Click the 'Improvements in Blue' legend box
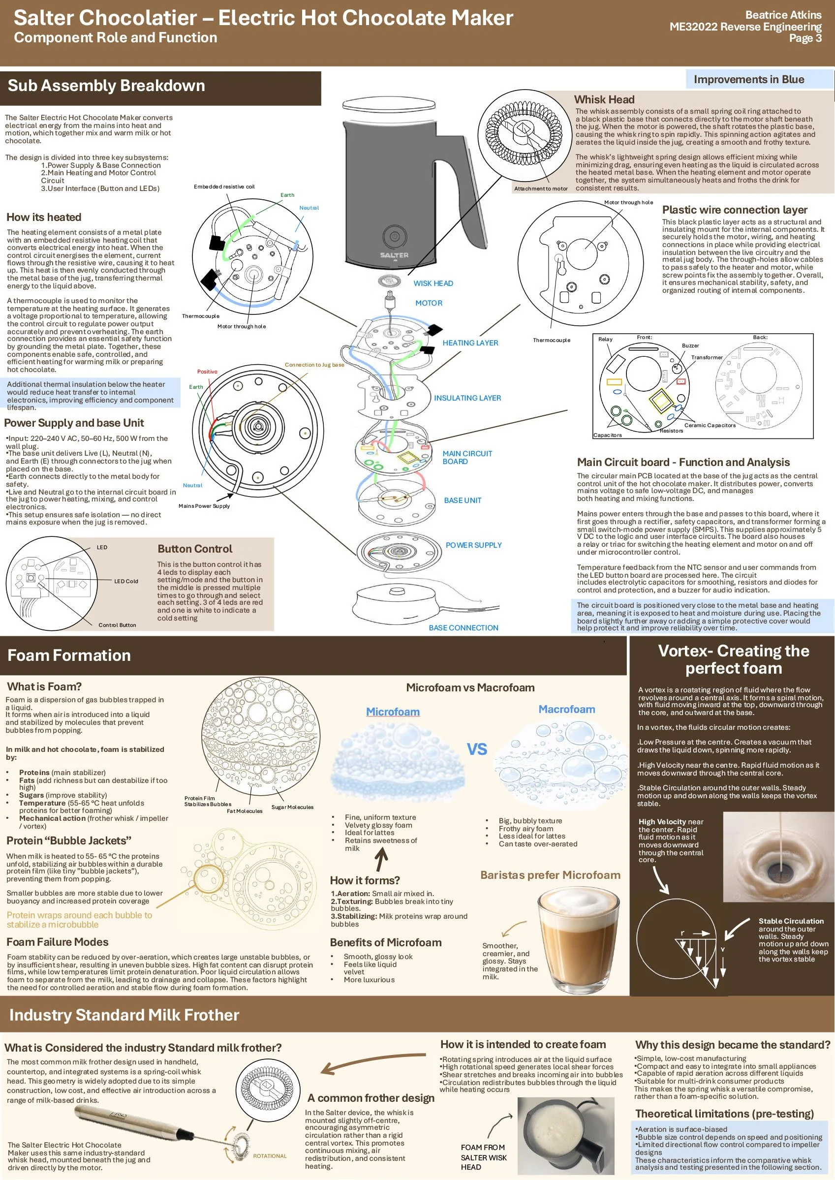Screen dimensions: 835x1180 pyautogui.click(x=759, y=79)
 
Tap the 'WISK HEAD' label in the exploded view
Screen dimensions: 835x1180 pyautogui.click(x=433, y=283)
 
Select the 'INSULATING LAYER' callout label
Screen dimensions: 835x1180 pyautogui.click(x=467, y=398)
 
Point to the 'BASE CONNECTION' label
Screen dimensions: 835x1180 pyautogui.click(x=464, y=628)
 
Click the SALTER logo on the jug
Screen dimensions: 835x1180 pyautogui.click(x=394, y=255)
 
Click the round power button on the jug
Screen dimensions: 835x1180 pyautogui.click(x=394, y=237)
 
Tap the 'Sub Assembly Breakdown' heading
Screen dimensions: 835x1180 pyautogui.click(x=106, y=85)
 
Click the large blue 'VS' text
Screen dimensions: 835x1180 pyautogui.click(x=477, y=749)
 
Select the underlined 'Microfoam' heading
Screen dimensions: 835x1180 pyautogui.click(x=393, y=712)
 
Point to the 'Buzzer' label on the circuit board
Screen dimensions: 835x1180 pyautogui.click(x=690, y=345)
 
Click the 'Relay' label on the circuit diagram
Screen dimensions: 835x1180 pyautogui.click(x=605, y=340)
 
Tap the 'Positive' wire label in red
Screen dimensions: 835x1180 pyautogui.click(x=207, y=372)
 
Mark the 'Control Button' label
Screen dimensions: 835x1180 pyautogui.click(x=117, y=625)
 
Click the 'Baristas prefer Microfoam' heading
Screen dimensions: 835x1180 pyautogui.click(x=550, y=875)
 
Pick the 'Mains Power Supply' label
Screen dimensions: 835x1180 pyautogui.click(x=204, y=506)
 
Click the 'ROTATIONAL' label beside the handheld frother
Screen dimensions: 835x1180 pyautogui.click(x=270, y=1156)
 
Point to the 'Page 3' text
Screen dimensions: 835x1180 pyautogui.click(x=805, y=38)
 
